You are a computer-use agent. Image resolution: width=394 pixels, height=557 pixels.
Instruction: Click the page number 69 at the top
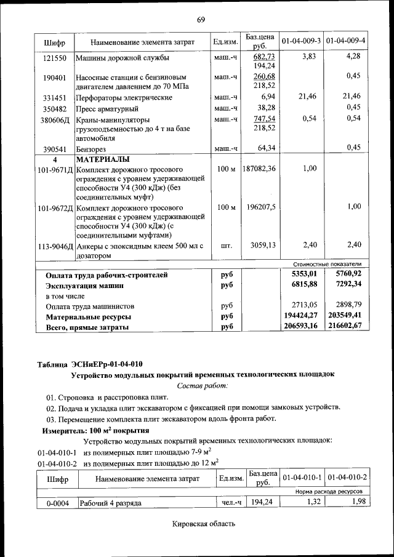(x=201, y=21)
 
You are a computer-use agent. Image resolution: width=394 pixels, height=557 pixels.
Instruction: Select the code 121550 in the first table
(x=55, y=57)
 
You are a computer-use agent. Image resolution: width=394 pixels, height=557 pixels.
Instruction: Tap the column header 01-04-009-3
(x=301, y=41)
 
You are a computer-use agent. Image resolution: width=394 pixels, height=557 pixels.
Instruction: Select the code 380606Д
(x=55, y=119)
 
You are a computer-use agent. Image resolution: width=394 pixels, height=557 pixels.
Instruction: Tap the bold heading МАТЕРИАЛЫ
(x=103, y=159)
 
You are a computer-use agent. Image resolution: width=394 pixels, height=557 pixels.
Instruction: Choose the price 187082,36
(x=259, y=169)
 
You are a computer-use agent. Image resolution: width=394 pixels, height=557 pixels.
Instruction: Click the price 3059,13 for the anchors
(x=263, y=245)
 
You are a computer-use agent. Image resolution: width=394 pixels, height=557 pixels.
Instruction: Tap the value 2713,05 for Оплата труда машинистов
(x=304, y=305)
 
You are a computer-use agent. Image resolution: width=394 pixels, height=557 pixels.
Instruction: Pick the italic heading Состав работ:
(x=203, y=385)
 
